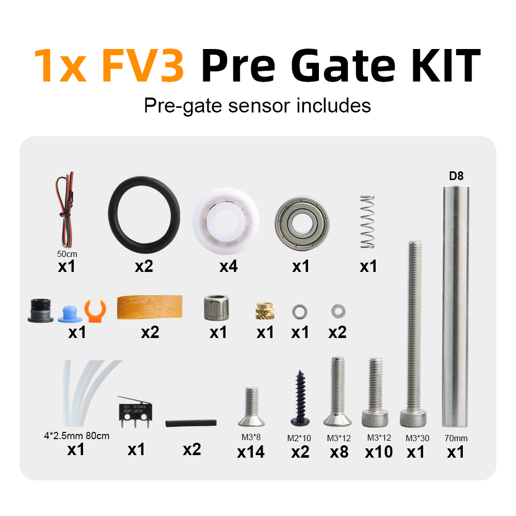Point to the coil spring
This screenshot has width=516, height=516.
367,222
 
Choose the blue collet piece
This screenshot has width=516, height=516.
70,314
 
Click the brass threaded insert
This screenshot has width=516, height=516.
265,311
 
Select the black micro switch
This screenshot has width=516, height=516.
135,412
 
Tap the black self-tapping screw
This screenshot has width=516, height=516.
300,398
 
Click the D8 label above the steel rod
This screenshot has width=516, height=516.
456,176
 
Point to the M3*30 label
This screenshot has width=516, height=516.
417,438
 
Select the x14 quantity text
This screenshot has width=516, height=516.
251,452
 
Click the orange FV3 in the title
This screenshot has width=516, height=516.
143,65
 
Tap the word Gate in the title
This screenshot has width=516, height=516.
343,65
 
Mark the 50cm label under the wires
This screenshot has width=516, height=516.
67,254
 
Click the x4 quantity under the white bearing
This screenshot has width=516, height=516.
229,266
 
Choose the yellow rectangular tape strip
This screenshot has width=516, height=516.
150,307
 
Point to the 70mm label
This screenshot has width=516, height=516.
456,438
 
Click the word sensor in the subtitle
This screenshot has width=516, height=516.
259,106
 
